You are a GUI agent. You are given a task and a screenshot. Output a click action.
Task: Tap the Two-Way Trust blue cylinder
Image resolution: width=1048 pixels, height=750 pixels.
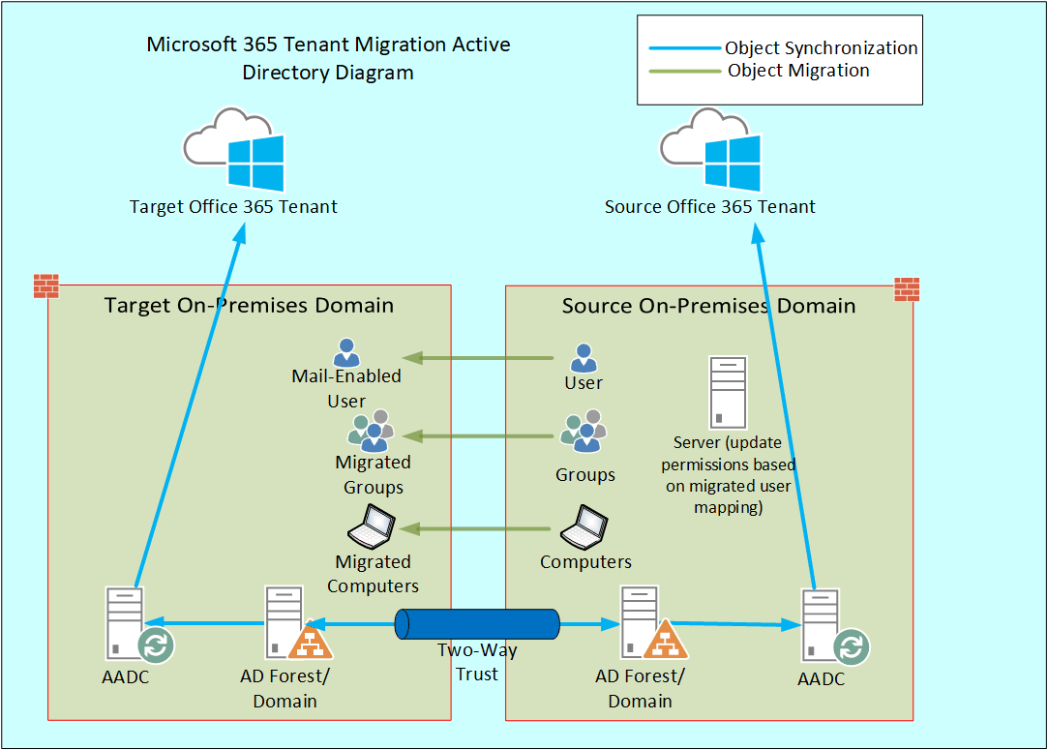(477, 624)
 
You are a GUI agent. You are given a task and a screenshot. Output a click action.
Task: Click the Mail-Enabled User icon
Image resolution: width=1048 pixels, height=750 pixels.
(345, 352)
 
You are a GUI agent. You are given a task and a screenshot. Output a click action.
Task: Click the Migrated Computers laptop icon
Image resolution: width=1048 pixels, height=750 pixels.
(373, 526)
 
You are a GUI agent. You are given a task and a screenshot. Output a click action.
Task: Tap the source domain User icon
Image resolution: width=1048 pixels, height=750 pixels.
(583, 358)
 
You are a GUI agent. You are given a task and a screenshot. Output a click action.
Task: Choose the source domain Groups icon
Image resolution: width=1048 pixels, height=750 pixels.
(584, 433)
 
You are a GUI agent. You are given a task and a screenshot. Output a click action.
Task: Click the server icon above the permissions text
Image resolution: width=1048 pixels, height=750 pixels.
(729, 392)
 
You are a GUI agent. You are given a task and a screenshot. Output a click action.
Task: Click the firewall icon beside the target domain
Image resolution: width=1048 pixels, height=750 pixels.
(46, 286)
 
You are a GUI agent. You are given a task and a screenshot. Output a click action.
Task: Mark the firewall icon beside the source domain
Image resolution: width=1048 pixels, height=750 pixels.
(907, 289)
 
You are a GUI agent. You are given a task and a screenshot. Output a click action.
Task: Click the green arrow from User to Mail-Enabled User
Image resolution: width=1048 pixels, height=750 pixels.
(478, 358)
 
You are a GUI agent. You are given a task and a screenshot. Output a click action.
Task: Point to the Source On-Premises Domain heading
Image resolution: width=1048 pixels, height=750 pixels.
(708, 306)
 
